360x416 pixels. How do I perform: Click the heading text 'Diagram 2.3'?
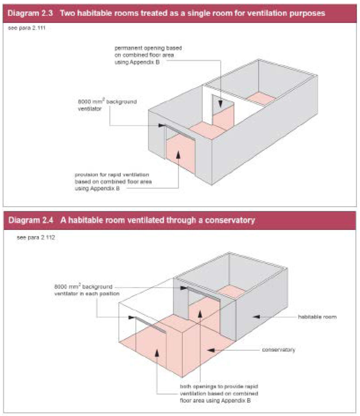click(x=30, y=13)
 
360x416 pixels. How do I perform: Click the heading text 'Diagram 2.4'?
click(x=31, y=220)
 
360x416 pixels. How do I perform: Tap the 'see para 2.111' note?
click(x=27, y=28)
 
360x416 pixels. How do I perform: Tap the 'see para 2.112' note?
click(x=36, y=238)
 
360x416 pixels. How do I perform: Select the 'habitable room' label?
click(x=317, y=317)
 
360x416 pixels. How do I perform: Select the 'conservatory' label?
click(x=278, y=350)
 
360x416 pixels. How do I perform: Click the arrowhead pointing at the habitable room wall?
click(x=256, y=317)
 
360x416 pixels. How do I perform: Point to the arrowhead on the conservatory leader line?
click(x=211, y=350)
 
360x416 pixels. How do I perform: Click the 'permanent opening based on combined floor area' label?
click(x=148, y=55)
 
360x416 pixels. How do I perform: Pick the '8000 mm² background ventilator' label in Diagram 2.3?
click(x=107, y=105)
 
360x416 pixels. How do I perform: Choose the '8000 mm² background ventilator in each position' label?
click(x=87, y=290)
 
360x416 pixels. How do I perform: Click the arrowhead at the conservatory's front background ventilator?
click(x=132, y=317)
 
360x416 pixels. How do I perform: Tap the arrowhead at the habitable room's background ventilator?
click(x=184, y=288)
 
